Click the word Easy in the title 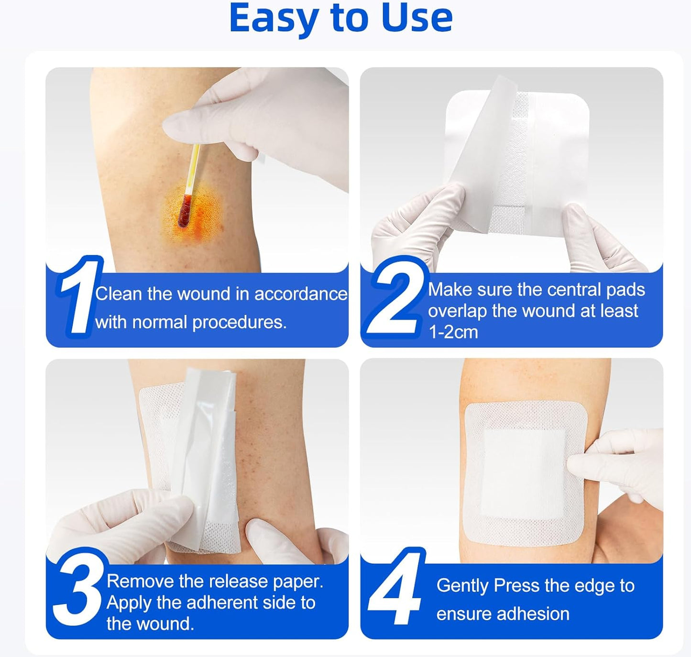pyautogui.click(x=274, y=18)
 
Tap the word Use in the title pyautogui.click(x=417, y=18)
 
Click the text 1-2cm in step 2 pyautogui.click(x=453, y=332)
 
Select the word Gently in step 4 pyautogui.click(x=462, y=586)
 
